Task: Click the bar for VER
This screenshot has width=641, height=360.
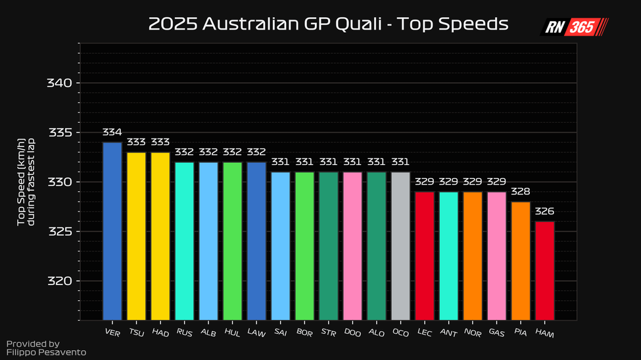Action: click(x=112, y=230)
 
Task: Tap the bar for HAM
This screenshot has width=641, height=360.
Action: click(x=544, y=270)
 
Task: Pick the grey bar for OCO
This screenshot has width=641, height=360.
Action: click(x=400, y=245)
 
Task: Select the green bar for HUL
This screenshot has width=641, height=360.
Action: click(x=232, y=240)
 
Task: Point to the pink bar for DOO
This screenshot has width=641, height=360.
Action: click(x=352, y=245)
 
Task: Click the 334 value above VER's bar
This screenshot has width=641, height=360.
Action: click(x=112, y=132)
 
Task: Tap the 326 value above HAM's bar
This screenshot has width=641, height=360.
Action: click(x=544, y=212)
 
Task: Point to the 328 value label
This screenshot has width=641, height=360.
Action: click(x=520, y=192)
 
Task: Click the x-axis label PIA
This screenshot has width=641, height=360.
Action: click(x=520, y=332)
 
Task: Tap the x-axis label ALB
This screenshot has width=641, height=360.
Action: click(x=208, y=332)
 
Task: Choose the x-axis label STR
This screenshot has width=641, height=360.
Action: click(x=328, y=332)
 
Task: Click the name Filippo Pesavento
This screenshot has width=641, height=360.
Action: click(x=46, y=353)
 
